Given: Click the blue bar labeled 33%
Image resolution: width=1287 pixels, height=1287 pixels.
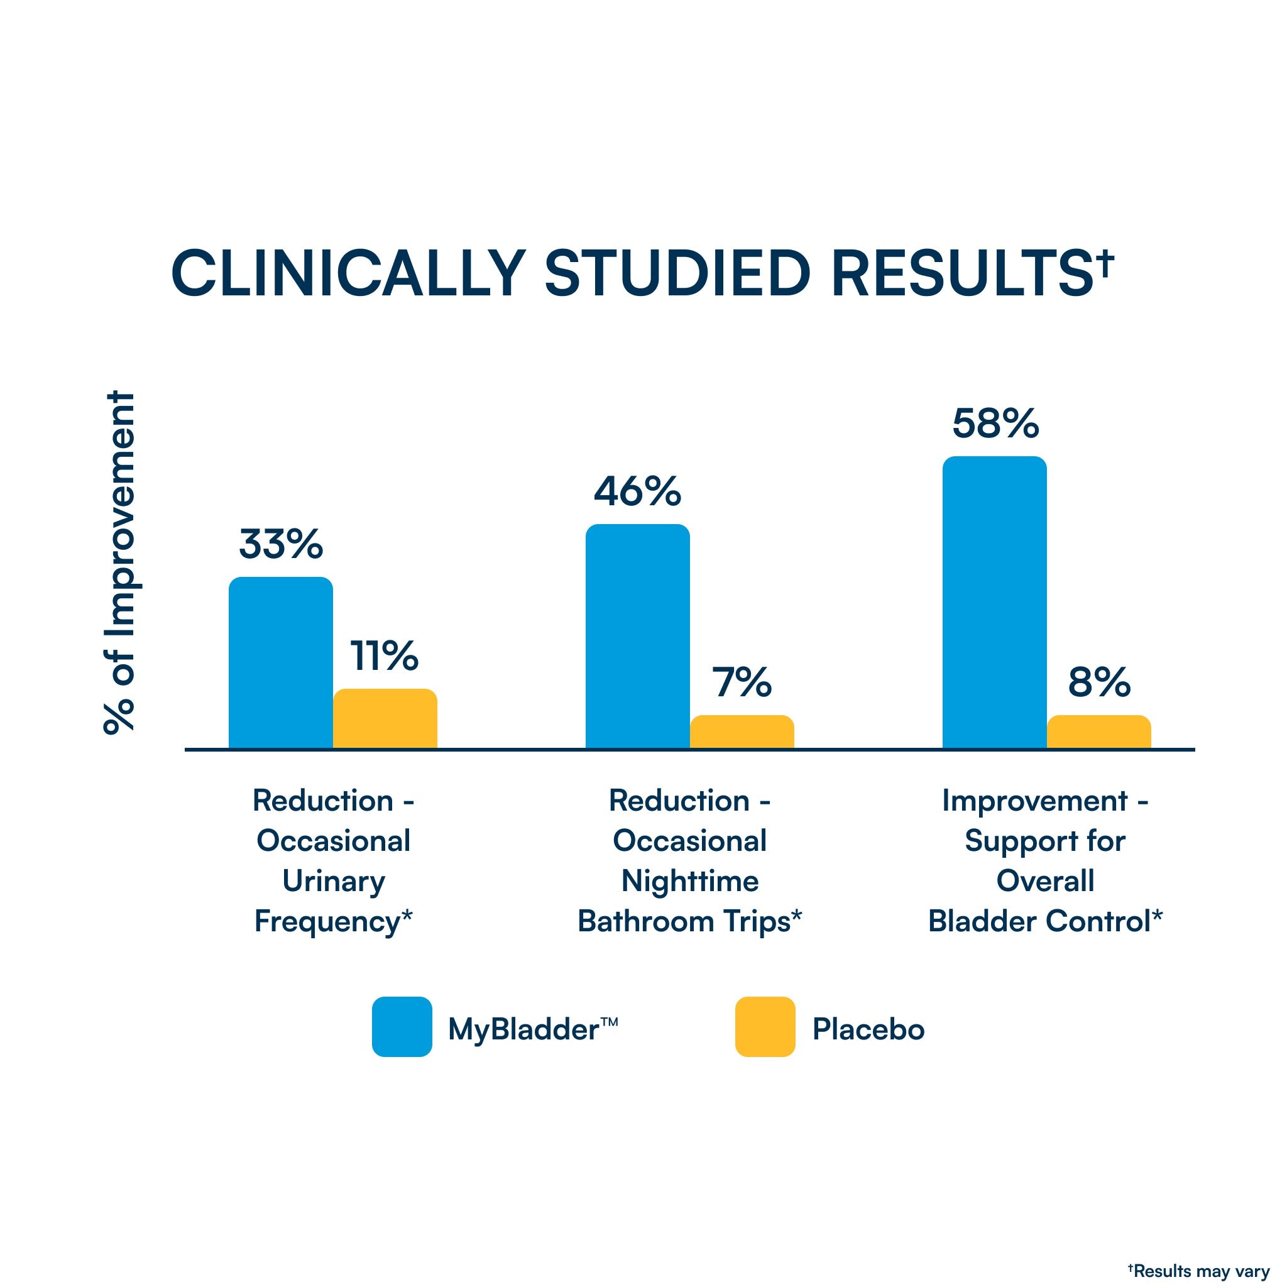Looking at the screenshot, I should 280,662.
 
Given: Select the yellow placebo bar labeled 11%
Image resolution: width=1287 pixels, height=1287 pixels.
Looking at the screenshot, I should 385,718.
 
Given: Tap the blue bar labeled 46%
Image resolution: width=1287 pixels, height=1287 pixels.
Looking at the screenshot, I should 637,636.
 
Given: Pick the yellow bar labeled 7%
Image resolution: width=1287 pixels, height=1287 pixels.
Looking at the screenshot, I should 742,731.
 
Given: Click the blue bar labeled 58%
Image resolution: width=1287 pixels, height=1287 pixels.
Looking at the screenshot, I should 994,602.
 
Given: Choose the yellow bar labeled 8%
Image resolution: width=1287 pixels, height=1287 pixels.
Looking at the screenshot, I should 1098,731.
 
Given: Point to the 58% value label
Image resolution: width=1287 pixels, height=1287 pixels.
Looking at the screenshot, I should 995,424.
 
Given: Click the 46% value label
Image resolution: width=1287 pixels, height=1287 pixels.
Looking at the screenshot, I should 637,491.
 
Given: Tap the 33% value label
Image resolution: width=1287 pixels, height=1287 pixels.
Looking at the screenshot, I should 280,544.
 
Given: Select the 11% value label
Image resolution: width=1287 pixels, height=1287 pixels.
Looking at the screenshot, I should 385,655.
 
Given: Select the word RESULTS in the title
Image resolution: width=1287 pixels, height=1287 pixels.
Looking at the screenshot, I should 962,274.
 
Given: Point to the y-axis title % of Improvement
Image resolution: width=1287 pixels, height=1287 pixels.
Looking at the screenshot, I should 120,563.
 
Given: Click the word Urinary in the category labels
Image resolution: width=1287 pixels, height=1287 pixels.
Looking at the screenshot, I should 333,881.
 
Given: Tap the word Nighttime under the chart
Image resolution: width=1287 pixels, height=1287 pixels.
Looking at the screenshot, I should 689,881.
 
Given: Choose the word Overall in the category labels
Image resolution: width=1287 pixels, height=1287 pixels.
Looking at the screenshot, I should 1044,881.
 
